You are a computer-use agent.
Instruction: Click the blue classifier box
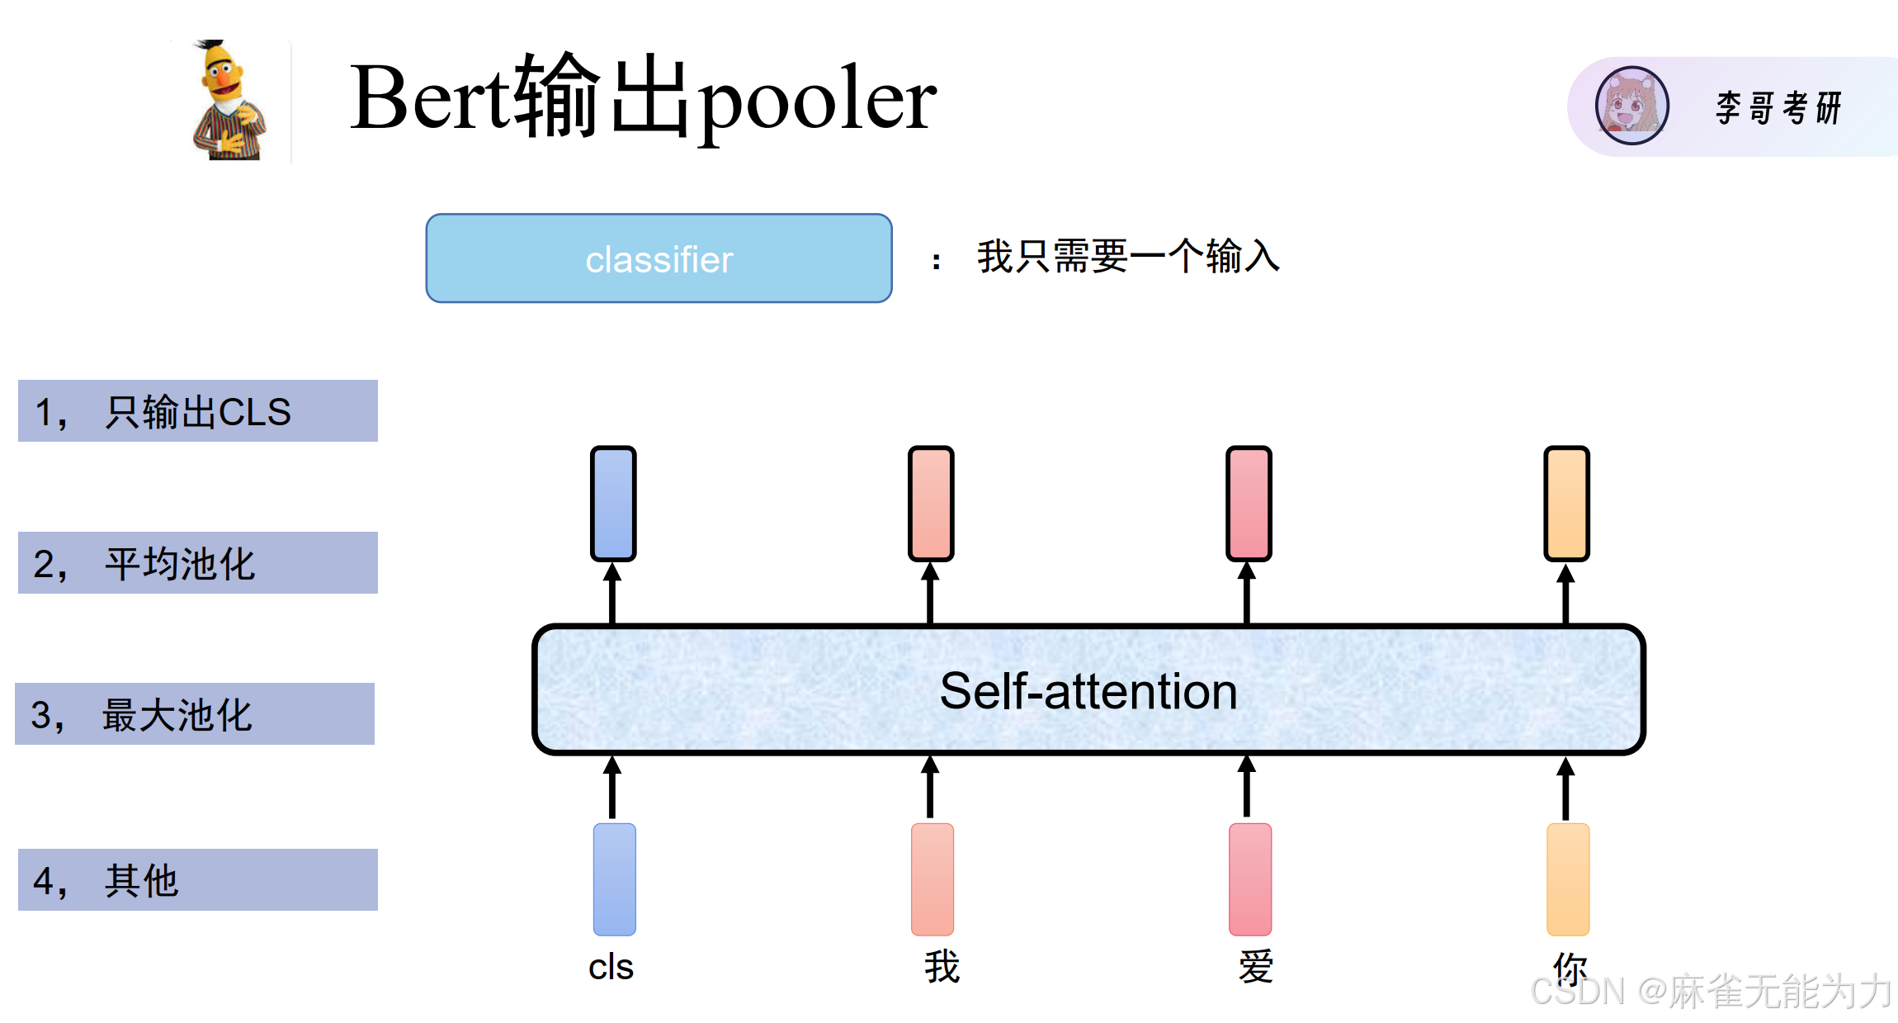pos(659,258)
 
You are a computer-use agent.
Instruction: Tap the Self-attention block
pos(1088,690)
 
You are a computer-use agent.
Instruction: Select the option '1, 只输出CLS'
pos(198,411)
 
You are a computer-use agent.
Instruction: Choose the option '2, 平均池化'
pos(198,563)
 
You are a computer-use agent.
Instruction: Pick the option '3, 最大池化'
pos(195,714)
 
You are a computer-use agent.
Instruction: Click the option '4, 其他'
pos(198,880)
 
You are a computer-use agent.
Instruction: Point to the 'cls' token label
pos(611,967)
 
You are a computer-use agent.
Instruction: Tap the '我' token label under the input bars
pos(942,967)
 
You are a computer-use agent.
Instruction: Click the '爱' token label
pos(1256,967)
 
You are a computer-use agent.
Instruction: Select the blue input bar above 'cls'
pos(615,879)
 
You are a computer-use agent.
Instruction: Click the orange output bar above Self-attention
pos(1566,503)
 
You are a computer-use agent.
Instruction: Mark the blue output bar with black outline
pos(613,503)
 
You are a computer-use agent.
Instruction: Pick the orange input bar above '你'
pos(1567,879)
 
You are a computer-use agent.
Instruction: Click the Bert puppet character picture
pos(228,101)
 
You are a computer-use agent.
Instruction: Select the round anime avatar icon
pos(1631,106)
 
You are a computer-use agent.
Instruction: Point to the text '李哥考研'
pos(1778,108)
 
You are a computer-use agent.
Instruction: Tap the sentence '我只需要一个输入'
pos(1127,256)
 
